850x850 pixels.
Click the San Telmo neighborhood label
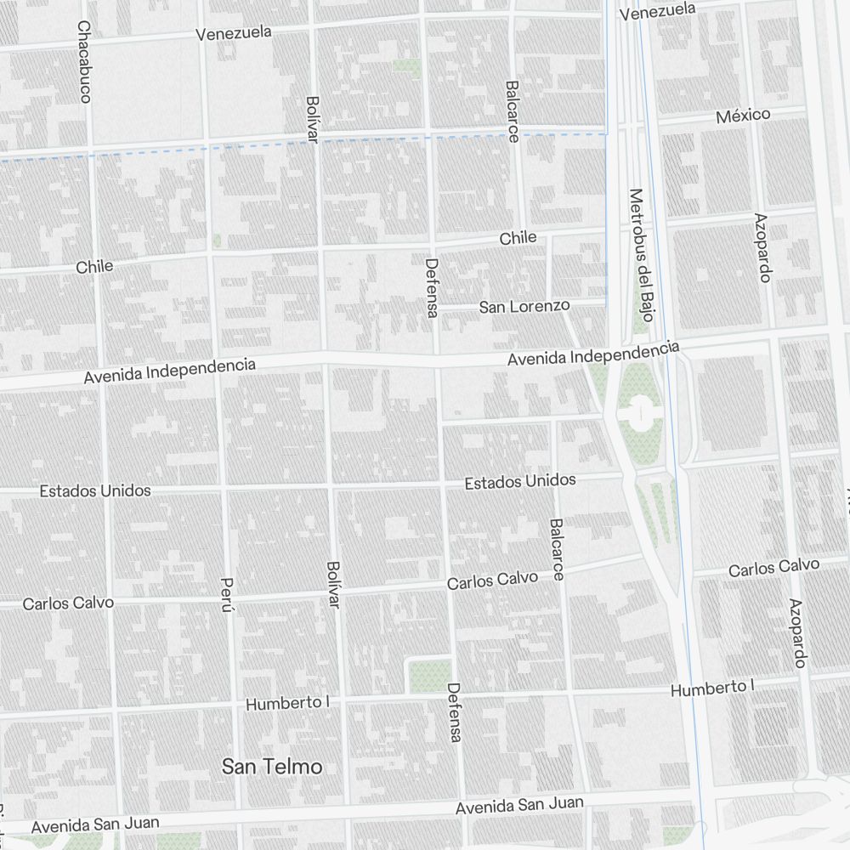pyautogui.click(x=272, y=767)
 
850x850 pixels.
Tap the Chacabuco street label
pyautogui.click(x=83, y=61)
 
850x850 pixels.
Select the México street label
pyautogui.click(x=743, y=115)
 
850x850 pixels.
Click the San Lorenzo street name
pyautogui.click(x=524, y=306)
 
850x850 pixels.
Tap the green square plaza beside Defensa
pyautogui.click(x=430, y=676)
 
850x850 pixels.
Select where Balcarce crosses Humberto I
pyautogui.click(x=572, y=692)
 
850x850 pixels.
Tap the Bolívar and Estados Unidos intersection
pyautogui.click(x=331, y=487)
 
